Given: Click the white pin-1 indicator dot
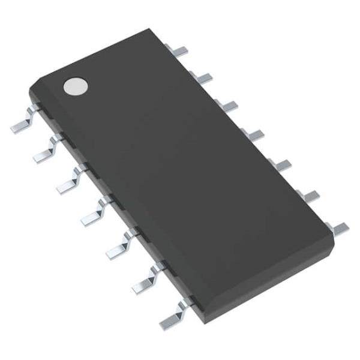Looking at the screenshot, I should [75, 86].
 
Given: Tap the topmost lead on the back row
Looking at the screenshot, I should [180, 49].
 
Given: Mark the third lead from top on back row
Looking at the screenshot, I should [226, 106].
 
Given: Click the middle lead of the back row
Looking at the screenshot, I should [252, 133].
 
